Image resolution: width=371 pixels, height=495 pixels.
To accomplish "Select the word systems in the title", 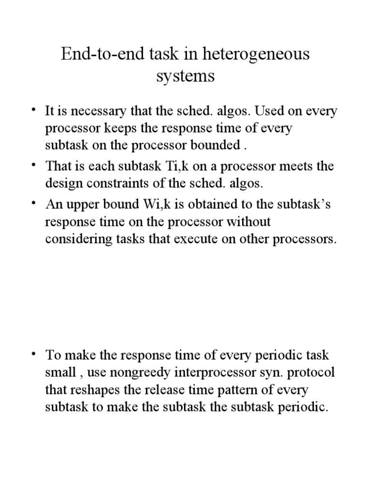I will click(x=185, y=77).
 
